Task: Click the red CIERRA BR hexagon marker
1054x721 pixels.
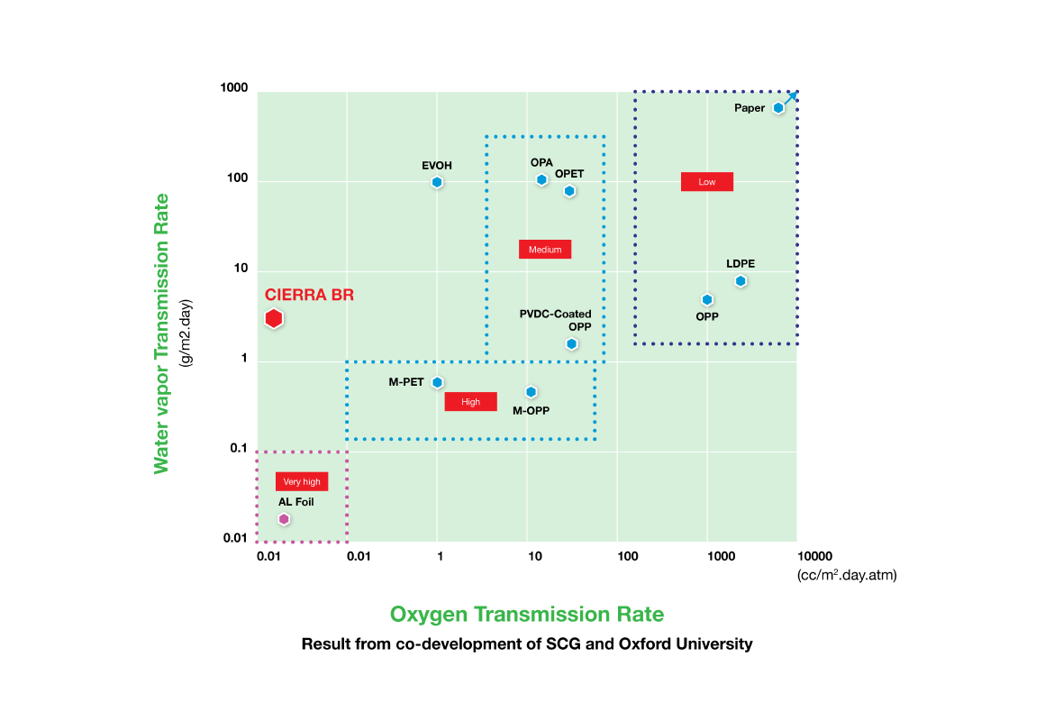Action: point(275,318)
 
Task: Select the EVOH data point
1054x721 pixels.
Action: point(437,182)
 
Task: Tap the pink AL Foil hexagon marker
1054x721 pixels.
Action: point(284,519)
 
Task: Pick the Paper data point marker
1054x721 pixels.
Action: point(778,108)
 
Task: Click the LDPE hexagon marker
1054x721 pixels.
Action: point(741,281)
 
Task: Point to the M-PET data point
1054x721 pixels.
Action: point(438,382)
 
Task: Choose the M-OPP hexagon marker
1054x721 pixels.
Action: point(532,392)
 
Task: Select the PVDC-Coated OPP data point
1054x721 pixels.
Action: point(571,344)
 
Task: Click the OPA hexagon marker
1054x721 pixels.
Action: point(541,180)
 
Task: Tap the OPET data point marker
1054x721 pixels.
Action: point(569,191)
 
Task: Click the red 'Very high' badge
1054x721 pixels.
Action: point(302,481)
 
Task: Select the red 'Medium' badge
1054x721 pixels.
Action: point(545,250)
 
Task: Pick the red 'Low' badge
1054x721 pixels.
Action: point(707,182)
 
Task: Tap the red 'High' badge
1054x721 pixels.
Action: point(470,402)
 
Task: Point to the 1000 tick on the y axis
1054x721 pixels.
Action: point(233,88)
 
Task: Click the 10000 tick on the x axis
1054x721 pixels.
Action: point(813,557)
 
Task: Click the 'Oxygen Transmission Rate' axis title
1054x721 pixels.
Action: point(527,615)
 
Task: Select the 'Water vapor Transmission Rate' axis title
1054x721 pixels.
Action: point(161,333)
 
